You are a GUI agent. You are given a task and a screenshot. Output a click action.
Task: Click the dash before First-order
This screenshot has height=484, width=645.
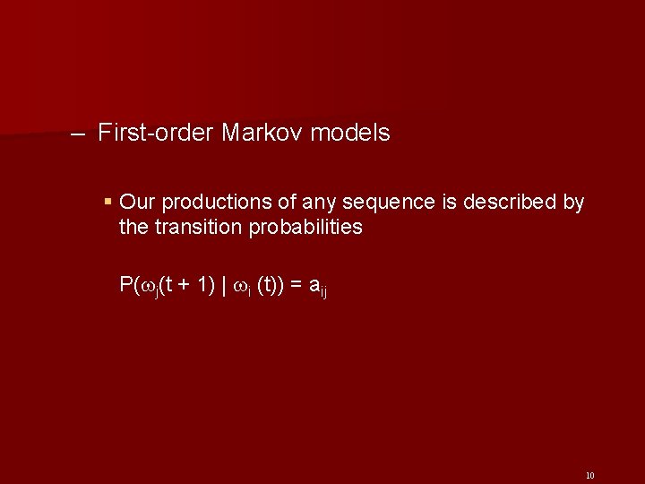[x=78, y=134]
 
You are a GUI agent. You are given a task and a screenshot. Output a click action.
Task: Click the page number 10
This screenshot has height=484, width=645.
[x=589, y=475]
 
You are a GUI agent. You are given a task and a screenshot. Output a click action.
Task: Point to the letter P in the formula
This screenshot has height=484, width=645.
[x=125, y=285]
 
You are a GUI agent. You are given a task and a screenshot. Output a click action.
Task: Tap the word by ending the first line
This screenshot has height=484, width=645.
[x=573, y=203]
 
